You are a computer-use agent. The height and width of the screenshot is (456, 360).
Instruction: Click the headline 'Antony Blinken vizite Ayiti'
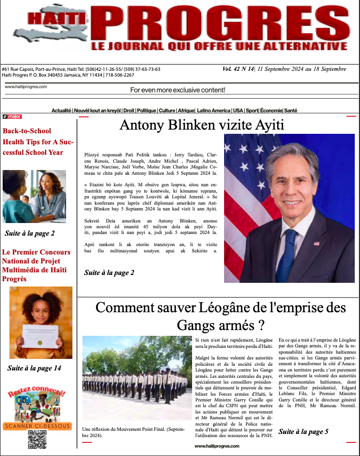(202, 125)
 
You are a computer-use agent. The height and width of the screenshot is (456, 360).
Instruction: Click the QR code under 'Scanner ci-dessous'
(37, 439)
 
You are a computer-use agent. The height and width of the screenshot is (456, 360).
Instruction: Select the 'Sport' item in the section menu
(252, 111)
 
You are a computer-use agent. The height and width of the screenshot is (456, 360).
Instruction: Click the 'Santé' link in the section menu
(291, 111)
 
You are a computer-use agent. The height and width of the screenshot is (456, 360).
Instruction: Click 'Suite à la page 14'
(34, 368)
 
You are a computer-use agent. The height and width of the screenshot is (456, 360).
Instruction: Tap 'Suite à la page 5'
(303, 431)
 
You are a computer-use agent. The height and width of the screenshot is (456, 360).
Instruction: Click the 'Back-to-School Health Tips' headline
(38, 142)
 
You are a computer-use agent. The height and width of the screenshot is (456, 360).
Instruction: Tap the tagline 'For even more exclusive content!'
(177, 90)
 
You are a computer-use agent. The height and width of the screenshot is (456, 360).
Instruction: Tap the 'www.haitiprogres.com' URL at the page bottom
(217, 446)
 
